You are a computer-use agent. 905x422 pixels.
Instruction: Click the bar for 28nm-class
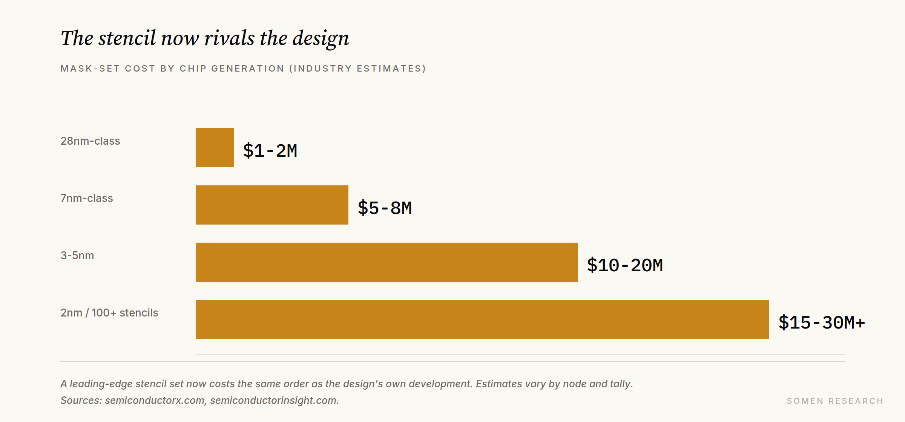pyautogui.click(x=215, y=148)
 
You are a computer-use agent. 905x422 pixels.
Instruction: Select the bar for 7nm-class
pyautogui.click(x=272, y=205)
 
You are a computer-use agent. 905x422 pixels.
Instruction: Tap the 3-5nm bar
pyautogui.click(x=387, y=262)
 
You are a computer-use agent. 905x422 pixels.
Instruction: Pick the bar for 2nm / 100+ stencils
pyautogui.click(x=483, y=320)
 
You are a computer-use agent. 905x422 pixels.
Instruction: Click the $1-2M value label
pyautogui.click(x=270, y=151)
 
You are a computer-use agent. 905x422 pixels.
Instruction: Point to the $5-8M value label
pyautogui.click(x=385, y=208)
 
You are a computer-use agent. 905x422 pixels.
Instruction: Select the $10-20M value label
pyautogui.click(x=625, y=265)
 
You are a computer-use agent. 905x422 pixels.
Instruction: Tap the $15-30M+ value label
pyautogui.click(x=822, y=323)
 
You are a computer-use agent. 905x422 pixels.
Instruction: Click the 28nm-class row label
pyautogui.click(x=90, y=141)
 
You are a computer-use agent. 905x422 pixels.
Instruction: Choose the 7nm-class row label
pyautogui.click(x=87, y=198)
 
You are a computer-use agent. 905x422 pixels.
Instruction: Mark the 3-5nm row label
pyautogui.click(x=77, y=255)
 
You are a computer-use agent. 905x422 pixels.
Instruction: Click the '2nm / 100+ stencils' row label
pyautogui.click(x=109, y=313)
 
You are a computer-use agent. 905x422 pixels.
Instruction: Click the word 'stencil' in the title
pyautogui.click(x=127, y=38)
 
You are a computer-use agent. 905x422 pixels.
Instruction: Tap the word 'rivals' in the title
pyautogui.click(x=229, y=38)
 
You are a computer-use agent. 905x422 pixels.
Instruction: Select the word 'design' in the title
pyautogui.click(x=321, y=39)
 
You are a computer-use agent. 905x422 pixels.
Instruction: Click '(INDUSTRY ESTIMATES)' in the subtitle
pyautogui.click(x=358, y=69)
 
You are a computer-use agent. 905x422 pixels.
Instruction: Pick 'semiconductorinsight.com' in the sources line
pyautogui.click(x=275, y=400)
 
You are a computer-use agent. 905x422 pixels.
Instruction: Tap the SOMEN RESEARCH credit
pyautogui.click(x=835, y=401)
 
